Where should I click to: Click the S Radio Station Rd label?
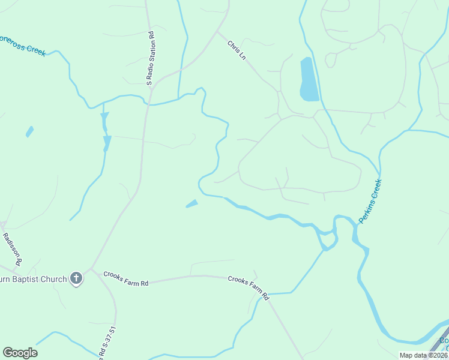(151, 59)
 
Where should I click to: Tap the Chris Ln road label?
(237, 50)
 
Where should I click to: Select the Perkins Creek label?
(370, 201)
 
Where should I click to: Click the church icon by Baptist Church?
(76, 278)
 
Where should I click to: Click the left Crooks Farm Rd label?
(125, 278)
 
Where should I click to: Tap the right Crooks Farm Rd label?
(249, 287)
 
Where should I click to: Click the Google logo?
(20, 352)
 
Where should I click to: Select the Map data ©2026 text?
(423, 355)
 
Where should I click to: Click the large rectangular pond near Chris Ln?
(308, 79)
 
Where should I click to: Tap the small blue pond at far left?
(29, 131)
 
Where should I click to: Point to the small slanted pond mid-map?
(192, 203)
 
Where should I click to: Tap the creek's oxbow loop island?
(328, 238)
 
